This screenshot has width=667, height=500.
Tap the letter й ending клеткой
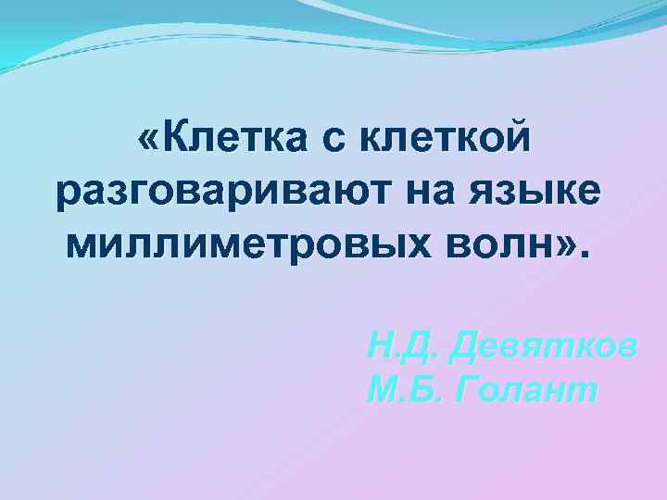click(522, 141)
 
